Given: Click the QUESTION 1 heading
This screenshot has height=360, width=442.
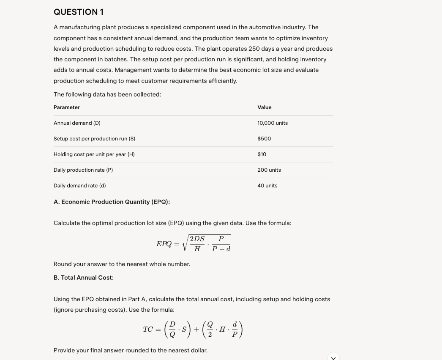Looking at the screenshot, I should [79, 12].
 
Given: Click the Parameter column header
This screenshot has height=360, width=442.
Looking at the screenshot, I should [67, 107].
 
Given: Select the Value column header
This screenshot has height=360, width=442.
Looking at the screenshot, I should [265, 107].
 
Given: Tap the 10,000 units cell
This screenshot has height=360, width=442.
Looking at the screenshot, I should [273, 123].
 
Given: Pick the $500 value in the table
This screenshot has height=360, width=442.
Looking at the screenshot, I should [264, 139].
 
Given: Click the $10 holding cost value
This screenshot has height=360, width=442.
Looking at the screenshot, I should [262, 154].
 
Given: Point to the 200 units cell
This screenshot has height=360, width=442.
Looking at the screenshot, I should [269, 170].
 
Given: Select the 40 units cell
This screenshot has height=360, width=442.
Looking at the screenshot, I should [267, 186].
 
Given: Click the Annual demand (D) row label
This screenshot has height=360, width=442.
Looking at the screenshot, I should [77, 123].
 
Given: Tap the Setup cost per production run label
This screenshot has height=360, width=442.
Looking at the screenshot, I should [94, 139].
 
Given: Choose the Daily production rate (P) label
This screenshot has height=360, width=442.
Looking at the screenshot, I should [83, 170].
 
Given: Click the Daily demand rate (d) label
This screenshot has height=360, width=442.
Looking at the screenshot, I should [80, 186].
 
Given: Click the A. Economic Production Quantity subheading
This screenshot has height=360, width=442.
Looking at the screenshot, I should [112, 202].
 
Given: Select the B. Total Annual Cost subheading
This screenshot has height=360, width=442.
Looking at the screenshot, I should [84, 278].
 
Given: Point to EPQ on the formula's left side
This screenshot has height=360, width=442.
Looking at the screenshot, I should [164, 244].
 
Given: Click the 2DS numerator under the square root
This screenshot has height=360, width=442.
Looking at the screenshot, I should [197, 239].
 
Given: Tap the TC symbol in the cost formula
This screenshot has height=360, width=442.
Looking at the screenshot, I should [148, 330].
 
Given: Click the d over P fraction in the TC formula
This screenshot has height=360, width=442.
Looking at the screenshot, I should [235, 330].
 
